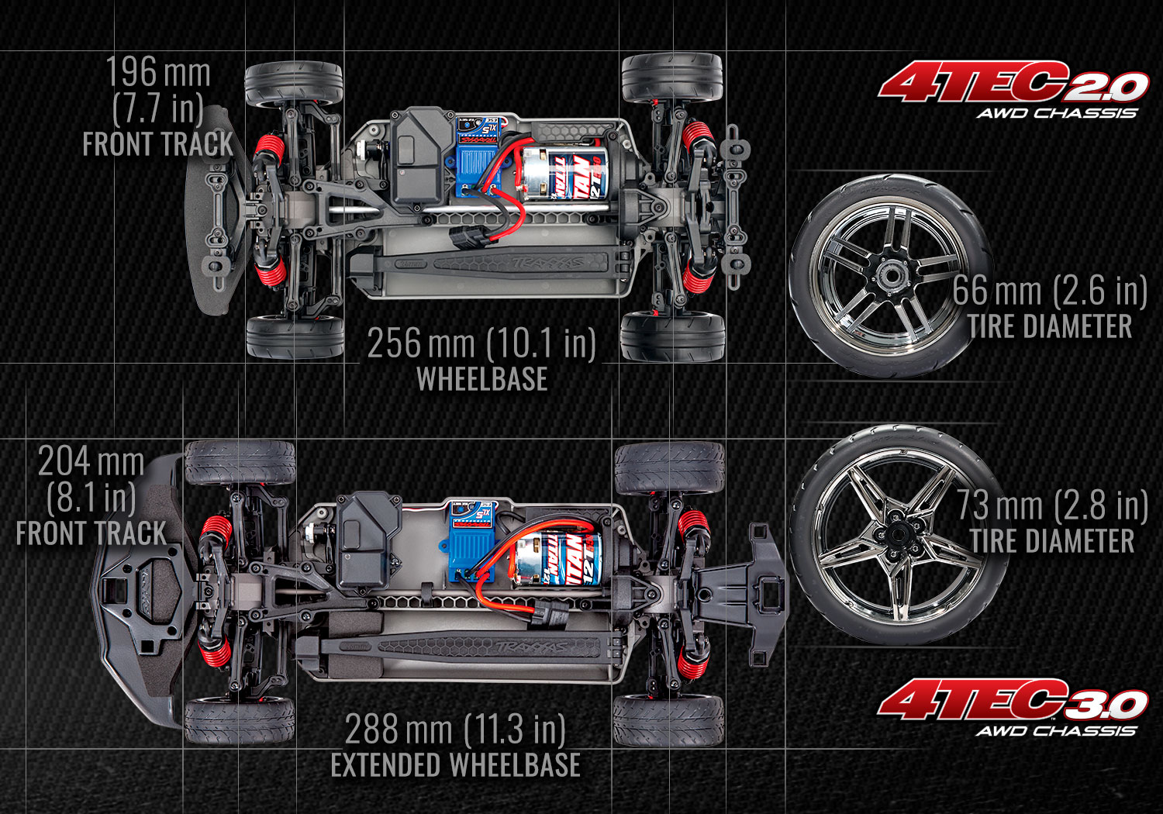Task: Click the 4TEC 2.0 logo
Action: pos(1012,89)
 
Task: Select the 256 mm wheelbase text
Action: pos(481,344)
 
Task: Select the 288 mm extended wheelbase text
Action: pos(456,730)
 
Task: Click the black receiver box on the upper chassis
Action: pos(419,163)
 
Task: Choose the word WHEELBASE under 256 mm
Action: pos(481,379)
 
